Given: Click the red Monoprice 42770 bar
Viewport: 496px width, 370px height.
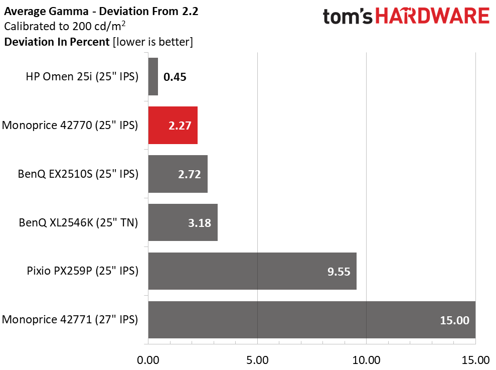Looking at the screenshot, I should (x=173, y=125).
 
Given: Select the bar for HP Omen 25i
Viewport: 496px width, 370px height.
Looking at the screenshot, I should (x=153, y=76).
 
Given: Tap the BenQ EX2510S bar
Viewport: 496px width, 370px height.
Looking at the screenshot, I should (x=178, y=174).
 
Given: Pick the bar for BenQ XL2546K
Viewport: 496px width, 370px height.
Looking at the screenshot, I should (x=183, y=222).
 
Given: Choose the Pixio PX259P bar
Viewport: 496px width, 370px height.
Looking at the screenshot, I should (x=252, y=271).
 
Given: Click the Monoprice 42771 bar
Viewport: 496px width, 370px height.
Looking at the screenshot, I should (x=311, y=320).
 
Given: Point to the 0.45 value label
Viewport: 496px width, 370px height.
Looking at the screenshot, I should (x=175, y=77).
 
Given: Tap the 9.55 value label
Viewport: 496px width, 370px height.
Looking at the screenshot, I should (x=339, y=272).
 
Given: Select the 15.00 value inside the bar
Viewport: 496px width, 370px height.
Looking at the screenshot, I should (x=454, y=320).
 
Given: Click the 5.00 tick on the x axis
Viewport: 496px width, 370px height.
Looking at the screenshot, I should (x=257, y=360).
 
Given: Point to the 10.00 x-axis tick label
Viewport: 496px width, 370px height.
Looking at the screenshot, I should (x=366, y=360).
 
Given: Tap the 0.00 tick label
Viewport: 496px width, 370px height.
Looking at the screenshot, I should (x=148, y=360).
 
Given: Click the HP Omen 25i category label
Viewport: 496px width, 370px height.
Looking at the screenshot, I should (x=82, y=77).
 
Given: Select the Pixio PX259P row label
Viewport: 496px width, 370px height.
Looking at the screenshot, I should (x=82, y=271).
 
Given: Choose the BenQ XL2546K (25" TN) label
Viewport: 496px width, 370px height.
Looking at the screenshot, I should (x=78, y=222).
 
